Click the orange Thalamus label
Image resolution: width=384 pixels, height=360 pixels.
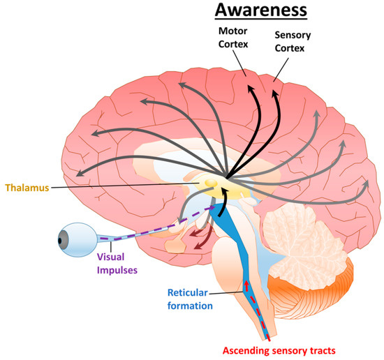click(x=27, y=188)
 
